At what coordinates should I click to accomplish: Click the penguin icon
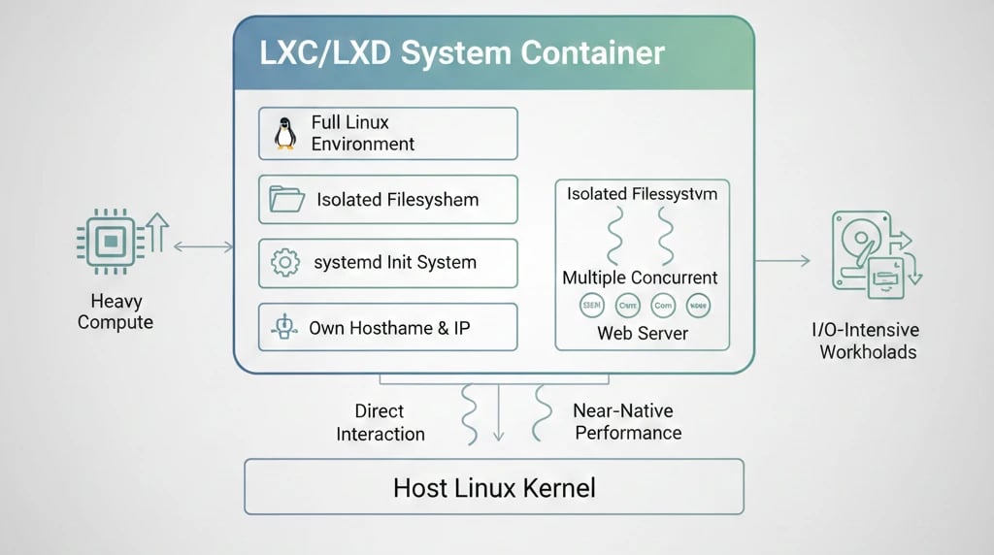click(284, 134)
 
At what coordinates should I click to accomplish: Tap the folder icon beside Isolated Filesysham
click(286, 200)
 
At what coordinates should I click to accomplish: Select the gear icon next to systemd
click(284, 263)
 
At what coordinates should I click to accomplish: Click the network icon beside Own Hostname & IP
click(284, 328)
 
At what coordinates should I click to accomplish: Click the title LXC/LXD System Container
click(462, 52)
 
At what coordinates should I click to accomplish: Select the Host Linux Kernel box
click(493, 487)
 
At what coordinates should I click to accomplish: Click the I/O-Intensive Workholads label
click(868, 342)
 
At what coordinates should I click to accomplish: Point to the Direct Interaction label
click(380, 422)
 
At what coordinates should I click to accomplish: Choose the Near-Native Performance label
click(628, 422)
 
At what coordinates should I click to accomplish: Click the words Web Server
click(642, 333)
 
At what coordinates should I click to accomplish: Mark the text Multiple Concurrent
click(641, 278)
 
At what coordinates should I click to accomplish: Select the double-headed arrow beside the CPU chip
click(203, 247)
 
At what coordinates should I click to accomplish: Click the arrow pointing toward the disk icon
click(782, 260)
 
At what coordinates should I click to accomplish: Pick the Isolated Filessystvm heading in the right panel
click(642, 194)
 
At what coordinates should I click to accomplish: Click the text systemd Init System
click(395, 263)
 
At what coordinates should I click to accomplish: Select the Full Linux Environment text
click(362, 134)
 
